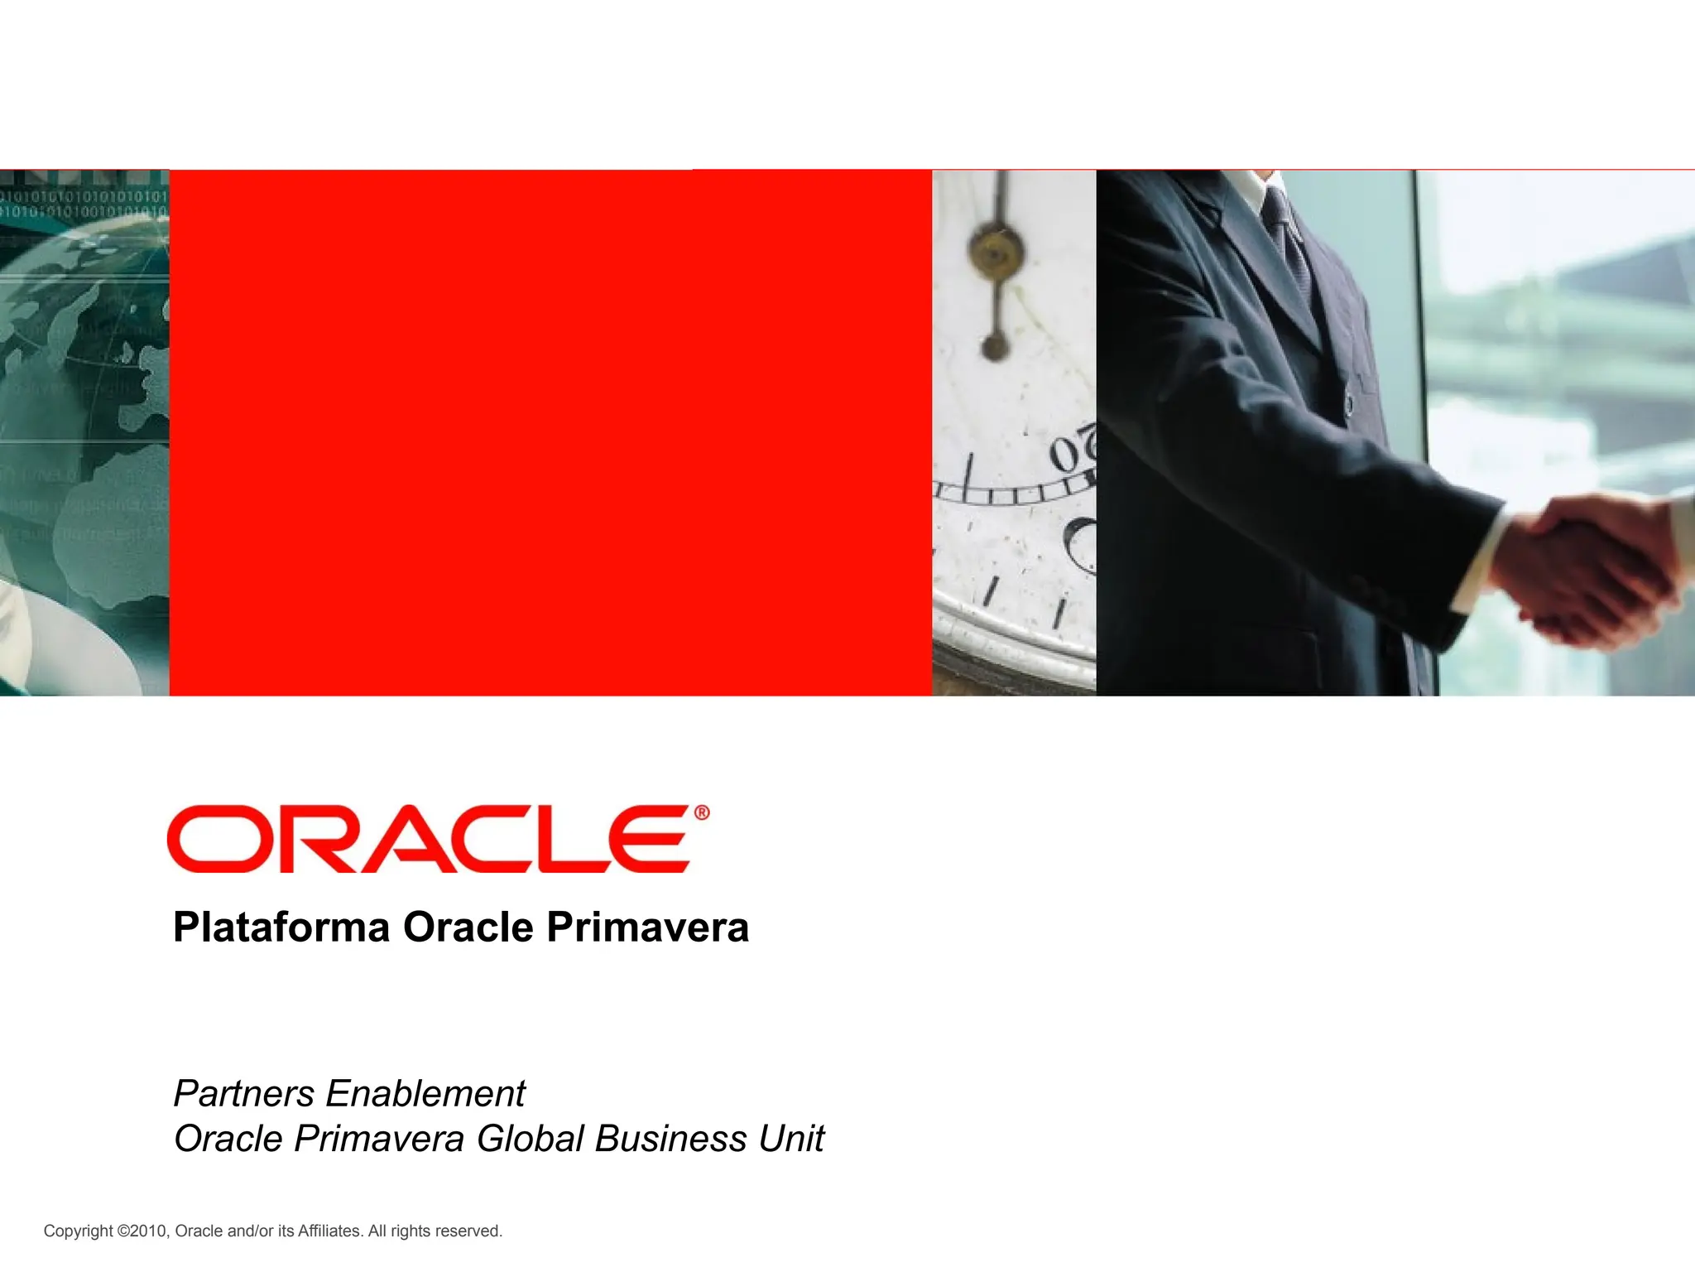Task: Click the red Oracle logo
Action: pyautogui.click(x=428, y=839)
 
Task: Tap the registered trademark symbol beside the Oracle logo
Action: pyautogui.click(x=701, y=813)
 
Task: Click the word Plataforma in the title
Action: pyautogui.click(x=281, y=927)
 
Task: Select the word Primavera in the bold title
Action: pyautogui.click(x=647, y=927)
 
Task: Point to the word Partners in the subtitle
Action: pyautogui.click(x=244, y=1094)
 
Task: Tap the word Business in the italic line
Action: pyautogui.click(x=671, y=1139)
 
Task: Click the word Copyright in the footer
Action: pyautogui.click(x=78, y=1231)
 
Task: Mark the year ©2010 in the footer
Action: pyautogui.click(x=142, y=1231)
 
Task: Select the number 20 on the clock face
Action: pyautogui.click(x=1073, y=451)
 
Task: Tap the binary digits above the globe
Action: pyautogui.click(x=84, y=204)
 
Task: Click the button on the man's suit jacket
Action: pyautogui.click(x=1348, y=404)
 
